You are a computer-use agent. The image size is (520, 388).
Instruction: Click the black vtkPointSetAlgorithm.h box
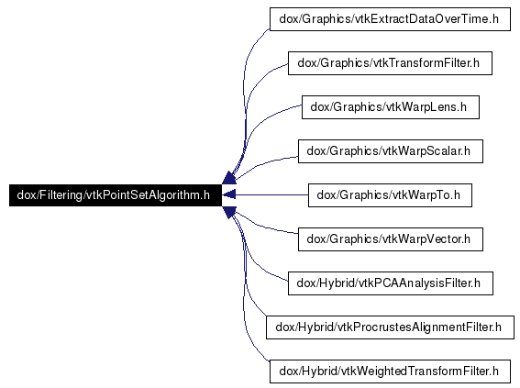click(116, 195)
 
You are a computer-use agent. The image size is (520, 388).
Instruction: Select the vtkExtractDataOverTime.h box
click(390, 19)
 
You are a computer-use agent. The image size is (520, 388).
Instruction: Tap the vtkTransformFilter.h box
click(390, 63)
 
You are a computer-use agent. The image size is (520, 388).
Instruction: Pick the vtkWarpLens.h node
click(391, 107)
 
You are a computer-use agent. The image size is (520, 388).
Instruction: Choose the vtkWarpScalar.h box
click(391, 151)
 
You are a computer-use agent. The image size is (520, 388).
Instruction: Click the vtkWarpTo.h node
click(390, 195)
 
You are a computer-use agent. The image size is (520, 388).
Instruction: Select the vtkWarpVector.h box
click(391, 239)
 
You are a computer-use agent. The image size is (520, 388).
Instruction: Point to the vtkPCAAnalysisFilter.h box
click(391, 283)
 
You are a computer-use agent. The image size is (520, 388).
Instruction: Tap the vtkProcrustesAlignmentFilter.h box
click(390, 327)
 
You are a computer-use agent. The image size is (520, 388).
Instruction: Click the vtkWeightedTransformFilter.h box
click(390, 371)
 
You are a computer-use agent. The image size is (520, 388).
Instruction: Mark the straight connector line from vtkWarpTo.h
click(272, 195)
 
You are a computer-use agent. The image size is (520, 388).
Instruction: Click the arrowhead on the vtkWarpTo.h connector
click(229, 195)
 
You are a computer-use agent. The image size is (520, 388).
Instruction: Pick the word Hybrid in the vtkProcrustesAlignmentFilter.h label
click(315, 327)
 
